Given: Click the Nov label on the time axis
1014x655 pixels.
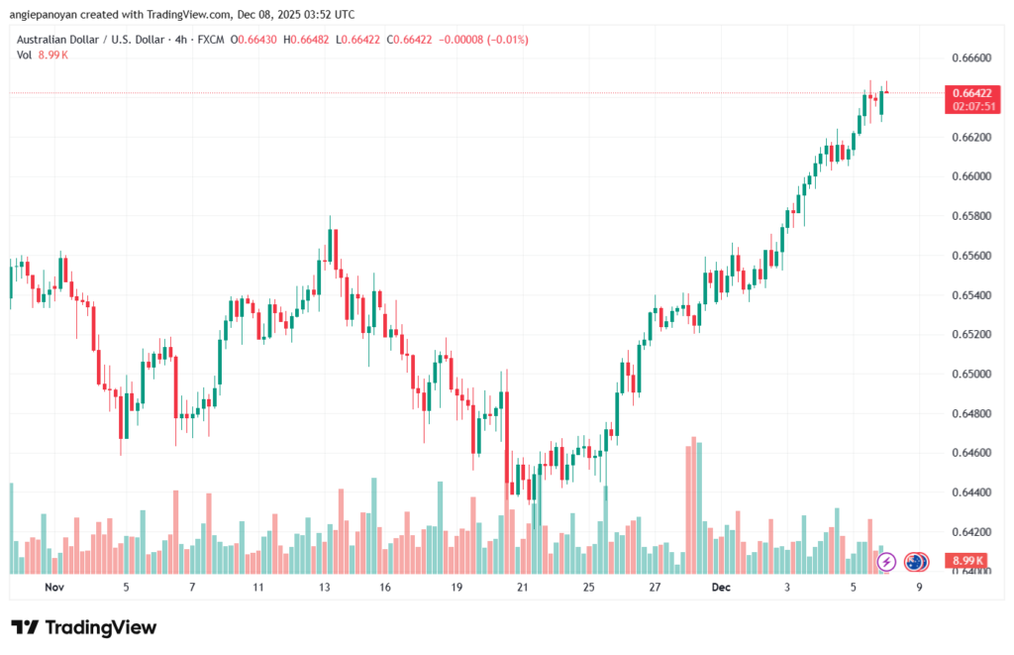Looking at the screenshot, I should click(x=54, y=588).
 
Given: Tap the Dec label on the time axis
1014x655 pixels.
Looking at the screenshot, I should click(x=721, y=588).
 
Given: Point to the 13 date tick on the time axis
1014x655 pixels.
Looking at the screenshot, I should click(x=323, y=588).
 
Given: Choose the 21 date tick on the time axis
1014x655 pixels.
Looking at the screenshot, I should click(x=522, y=588).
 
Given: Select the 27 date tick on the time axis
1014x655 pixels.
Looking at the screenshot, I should click(x=655, y=588).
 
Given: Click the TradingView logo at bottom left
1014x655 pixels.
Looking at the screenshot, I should click(x=83, y=627).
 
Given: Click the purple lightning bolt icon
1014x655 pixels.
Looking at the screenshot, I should click(x=886, y=562).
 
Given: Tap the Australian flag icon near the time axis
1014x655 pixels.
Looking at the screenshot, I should click(x=915, y=562).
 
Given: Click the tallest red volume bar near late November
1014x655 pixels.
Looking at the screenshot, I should click(x=693, y=504).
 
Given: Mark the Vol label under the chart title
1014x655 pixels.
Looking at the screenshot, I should click(x=24, y=55).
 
